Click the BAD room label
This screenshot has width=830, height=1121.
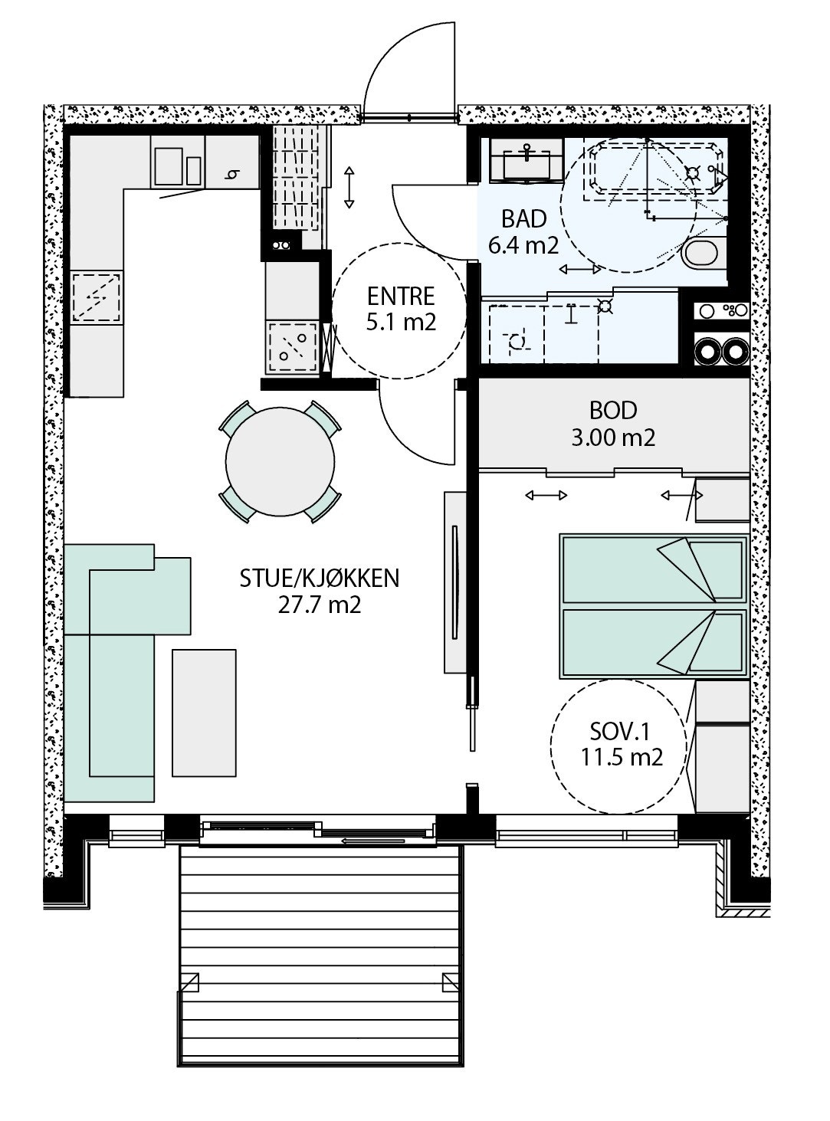(523, 219)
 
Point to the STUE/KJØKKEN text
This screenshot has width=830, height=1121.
(320, 579)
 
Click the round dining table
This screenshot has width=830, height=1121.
(280, 461)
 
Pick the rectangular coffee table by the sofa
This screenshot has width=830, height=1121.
(204, 713)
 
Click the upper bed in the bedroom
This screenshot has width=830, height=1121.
(654, 569)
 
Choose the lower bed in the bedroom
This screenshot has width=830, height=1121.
(654, 644)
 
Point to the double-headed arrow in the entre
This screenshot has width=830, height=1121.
(349, 187)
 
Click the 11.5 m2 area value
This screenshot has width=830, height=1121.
(622, 757)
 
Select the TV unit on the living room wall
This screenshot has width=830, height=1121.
(455, 582)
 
